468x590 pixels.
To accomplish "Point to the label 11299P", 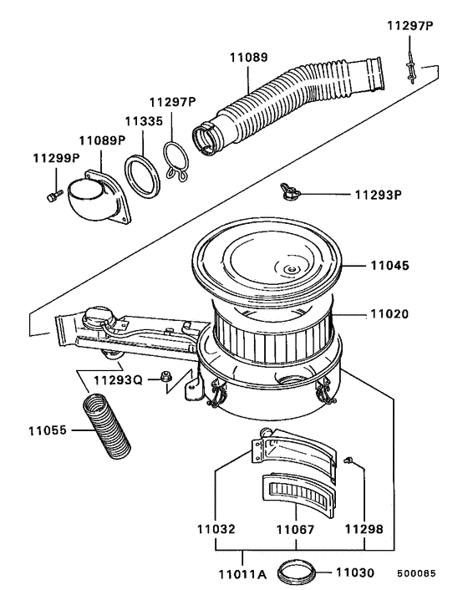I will (x=56, y=157).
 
